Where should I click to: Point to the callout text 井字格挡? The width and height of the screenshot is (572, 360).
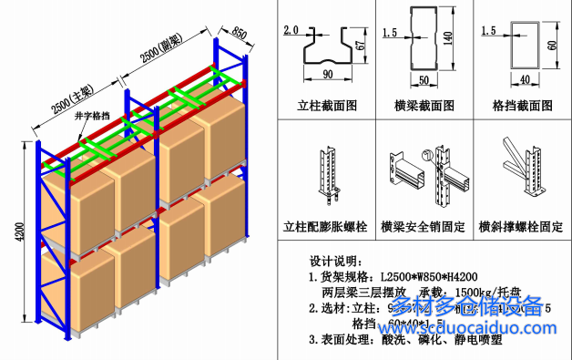point(118,116)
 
